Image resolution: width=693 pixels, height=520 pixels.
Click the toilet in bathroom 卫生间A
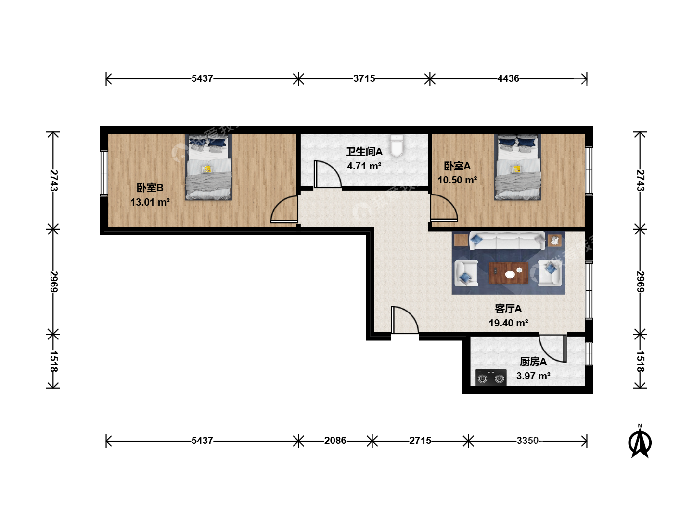[397, 146]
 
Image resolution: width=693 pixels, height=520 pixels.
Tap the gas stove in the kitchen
[490, 377]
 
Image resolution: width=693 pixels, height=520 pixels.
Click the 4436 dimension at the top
[508, 78]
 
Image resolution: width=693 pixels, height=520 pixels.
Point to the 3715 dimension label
[364, 78]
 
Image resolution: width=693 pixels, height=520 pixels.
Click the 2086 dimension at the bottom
[335, 441]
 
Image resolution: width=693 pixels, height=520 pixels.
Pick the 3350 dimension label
[527, 441]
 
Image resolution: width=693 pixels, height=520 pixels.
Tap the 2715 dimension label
[420, 441]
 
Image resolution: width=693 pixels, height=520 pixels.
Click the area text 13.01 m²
[150, 202]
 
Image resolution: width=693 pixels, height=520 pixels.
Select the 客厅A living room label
[508, 309]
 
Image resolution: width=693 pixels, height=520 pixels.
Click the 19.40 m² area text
[508, 323]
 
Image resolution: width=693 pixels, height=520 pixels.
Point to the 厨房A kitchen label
[533, 362]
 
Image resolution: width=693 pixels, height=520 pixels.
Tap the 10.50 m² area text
[457, 180]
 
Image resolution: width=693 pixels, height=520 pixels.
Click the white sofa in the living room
[507, 241]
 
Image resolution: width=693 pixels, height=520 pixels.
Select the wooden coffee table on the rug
[508, 273]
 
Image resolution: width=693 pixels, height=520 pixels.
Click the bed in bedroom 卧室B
[208, 167]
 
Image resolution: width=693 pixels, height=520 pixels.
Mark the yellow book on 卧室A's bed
[516, 169]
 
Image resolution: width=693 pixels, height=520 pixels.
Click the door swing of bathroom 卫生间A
[328, 174]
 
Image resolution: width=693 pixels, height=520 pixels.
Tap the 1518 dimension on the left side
[53, 361]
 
